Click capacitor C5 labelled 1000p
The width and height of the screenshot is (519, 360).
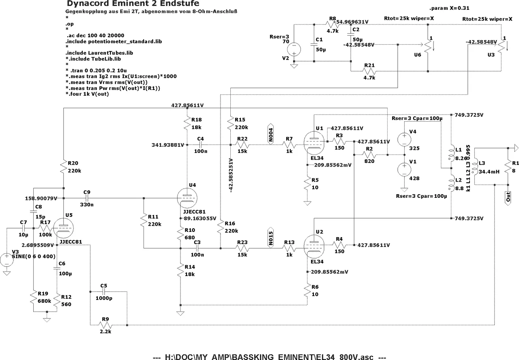[104, 291]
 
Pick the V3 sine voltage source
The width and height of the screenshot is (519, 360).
[7, 259]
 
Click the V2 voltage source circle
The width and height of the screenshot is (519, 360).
[294, 50]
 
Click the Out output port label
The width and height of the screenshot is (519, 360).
[508, 198]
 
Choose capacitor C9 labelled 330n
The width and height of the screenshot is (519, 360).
[86, 198]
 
